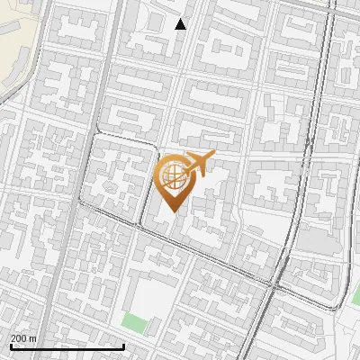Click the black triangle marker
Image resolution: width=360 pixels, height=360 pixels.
(x=180, y=24)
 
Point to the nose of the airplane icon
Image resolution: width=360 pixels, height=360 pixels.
(x=211, y=157)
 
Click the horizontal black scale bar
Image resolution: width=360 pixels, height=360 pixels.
(x=67, y=346)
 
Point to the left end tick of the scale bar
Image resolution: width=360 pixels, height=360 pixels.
(x=10, y=345)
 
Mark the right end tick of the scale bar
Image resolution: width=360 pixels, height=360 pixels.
(x=123, y=345)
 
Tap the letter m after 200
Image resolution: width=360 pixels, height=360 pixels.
(x=33, y=337)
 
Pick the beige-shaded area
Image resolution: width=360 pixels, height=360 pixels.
(x=13, y=36)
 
